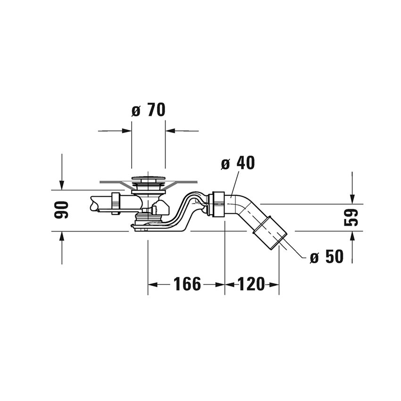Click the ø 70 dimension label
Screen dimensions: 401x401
pos(148,110)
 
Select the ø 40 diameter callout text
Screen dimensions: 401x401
pos(238,163)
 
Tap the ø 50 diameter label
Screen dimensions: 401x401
pos(326,258)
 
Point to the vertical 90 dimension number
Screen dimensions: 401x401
pos(62,210)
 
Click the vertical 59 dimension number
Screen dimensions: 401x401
pos(351,217)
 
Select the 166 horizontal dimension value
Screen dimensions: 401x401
pos(187,284)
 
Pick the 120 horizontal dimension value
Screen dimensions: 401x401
pos(251,284)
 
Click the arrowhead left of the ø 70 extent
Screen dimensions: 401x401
pos(127,131)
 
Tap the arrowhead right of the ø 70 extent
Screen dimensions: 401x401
pos(170,131)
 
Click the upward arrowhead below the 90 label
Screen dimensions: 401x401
pos(62,236)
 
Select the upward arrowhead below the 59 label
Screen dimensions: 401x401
pos(352,236)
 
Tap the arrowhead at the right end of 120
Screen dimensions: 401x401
pos(275,284)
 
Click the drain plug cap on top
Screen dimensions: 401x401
pos(148,179)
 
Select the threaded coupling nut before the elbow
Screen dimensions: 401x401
pos(218,203)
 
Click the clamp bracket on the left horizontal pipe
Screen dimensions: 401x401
pos(115,203)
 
